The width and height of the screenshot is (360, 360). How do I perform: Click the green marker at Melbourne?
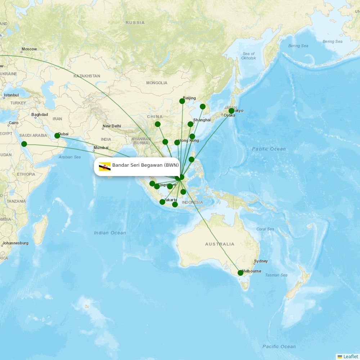coord(240,273)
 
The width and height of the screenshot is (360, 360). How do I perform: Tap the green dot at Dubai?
coord(57,136)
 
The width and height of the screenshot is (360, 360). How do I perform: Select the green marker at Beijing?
coord(182,101)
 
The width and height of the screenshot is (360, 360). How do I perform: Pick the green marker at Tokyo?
coord(231,111)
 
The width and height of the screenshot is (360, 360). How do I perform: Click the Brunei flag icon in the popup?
coord(105,166)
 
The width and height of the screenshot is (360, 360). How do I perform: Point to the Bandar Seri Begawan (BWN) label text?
coord(145,165)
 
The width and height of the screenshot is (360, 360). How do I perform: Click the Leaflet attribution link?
coord(350,356)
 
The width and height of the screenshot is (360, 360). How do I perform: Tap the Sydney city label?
coord(261,261)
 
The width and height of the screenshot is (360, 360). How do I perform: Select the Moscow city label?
coord(29,49)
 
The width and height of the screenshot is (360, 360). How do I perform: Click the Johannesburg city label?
coord(15,243)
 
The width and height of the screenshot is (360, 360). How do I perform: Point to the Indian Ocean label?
coord(110,233)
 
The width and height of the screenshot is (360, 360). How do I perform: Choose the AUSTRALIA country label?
coord(220,244)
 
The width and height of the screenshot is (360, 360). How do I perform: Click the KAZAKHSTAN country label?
coord(87,76)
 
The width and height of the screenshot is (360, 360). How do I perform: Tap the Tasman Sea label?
coord(276,275)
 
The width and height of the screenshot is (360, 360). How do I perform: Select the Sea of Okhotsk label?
coord(249,56)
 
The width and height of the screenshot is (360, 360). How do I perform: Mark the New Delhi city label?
coord(112,126)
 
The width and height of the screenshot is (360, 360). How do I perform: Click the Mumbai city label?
coord(101,148)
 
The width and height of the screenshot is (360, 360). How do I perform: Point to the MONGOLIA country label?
coord(157,83)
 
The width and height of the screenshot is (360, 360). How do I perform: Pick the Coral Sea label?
coord(265,229)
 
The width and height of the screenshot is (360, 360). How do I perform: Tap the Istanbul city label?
coord(11,95)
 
